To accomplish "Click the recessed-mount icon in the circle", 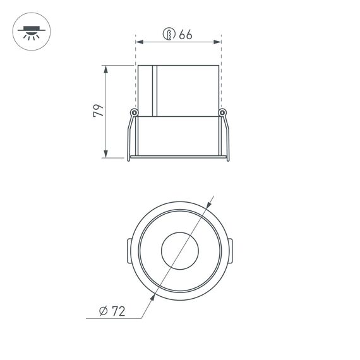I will click(x=30, y=31).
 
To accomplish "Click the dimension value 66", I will click(x=185, y=35).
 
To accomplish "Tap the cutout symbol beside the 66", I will click(x=169, y=35).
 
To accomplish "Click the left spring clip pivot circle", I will click(x=134, y=113).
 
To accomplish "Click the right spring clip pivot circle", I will click(x=222, y=113).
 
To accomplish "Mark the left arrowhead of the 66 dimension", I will click(x=139, y=42).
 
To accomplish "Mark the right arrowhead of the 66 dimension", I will click(x=218, y=42).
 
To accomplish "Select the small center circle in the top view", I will click(x=179, y=251).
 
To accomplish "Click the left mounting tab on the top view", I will click(x=129, y=251).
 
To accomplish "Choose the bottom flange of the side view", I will click(x=178, y=157).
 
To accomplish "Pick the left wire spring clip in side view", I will click(x=129, y=136).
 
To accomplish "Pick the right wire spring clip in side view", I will click(x=227, y=136).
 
